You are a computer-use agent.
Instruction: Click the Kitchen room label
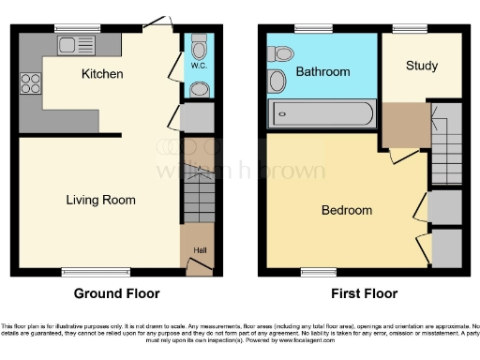[x=102, y=73]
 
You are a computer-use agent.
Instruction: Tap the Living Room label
[x=100, y=200]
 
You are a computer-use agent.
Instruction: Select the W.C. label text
[x=198, y=67]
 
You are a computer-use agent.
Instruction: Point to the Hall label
[x=199, y=249]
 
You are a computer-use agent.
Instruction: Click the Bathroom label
[x=322, y=71]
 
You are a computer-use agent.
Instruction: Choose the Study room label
[x=423, y=67]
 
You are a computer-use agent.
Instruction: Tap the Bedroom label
[x=347, y=210]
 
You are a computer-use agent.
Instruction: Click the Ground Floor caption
[x=116, y=293]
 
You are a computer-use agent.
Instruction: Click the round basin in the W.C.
[x=199, y=89]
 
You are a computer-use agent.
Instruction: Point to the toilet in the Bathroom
[x=278, y=54]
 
